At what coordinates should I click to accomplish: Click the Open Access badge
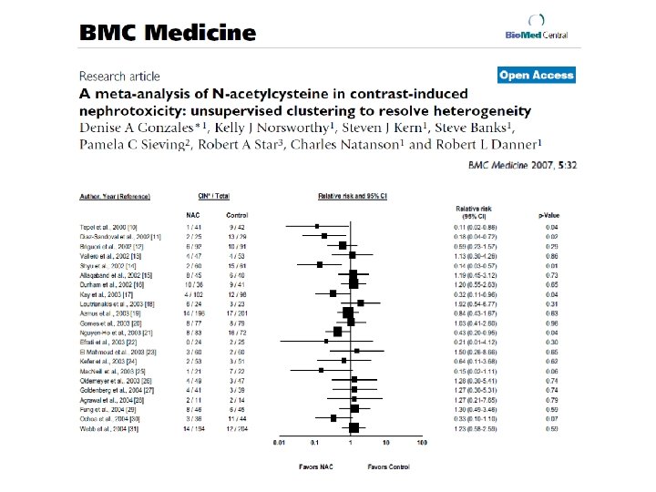click(537, 76)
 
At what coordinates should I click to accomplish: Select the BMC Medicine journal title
click(168, 33)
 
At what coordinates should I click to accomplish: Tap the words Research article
click(119, 77)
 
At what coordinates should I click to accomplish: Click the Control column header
click(236, 215)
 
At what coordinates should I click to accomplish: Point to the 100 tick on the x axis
click(422, 444)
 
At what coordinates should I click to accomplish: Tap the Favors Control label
click(386, 465)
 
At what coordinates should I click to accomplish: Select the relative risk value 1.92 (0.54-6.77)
click(475, 303)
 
